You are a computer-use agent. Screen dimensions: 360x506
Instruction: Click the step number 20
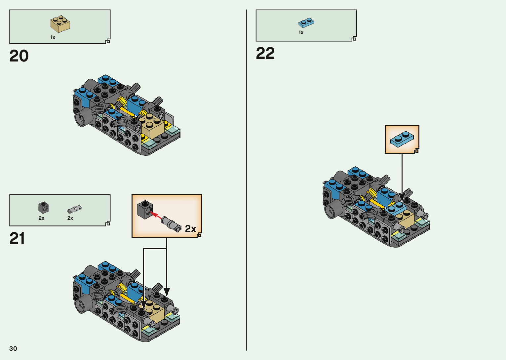[x=19, y=56]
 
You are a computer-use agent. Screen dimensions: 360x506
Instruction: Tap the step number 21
[x=17, y=238]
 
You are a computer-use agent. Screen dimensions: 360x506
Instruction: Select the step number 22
[x=265, y=53]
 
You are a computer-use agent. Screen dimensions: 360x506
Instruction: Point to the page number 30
[x=13, y=348]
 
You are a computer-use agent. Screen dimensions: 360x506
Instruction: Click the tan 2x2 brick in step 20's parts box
[x=60, y=24]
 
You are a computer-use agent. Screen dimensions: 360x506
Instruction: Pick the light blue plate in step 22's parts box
[x=306, y=22]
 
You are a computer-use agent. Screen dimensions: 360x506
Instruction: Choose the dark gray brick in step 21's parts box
[x=43, y=208]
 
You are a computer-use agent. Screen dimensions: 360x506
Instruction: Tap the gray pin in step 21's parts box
[x=74, y=209]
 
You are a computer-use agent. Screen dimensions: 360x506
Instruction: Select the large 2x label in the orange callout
[x=190, y=228]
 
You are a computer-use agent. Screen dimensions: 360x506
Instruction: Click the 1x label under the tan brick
[x=53, y=37]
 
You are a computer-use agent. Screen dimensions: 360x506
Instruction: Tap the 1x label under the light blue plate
[x=301, y=32]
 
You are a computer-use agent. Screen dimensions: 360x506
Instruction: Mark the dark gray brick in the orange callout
[x=145, y=209]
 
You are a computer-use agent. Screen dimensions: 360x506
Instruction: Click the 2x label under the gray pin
[x=70, y=218]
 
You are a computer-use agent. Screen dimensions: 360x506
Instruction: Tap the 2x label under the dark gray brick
[x=41, y=218]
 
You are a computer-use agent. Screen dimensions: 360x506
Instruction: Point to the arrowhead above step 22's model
[x=402, y=197]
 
